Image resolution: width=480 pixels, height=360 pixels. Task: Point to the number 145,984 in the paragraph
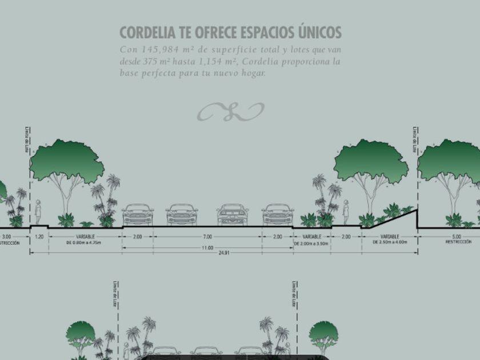160,50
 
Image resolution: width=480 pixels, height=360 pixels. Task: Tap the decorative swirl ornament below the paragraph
230,111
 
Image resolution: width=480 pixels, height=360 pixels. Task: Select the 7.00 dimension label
207,237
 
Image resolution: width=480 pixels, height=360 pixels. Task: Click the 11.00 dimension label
207,248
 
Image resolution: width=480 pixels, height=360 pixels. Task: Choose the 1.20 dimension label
39,236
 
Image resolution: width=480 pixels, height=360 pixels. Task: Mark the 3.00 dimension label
7,236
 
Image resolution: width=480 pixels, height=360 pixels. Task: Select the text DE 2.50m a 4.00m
390,242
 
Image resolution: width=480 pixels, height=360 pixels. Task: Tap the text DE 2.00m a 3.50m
311,243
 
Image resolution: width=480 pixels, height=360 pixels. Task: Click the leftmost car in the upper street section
138,215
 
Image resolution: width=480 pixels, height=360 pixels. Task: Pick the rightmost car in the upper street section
278,215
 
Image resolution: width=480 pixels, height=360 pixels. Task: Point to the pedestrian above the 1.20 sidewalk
38,213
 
